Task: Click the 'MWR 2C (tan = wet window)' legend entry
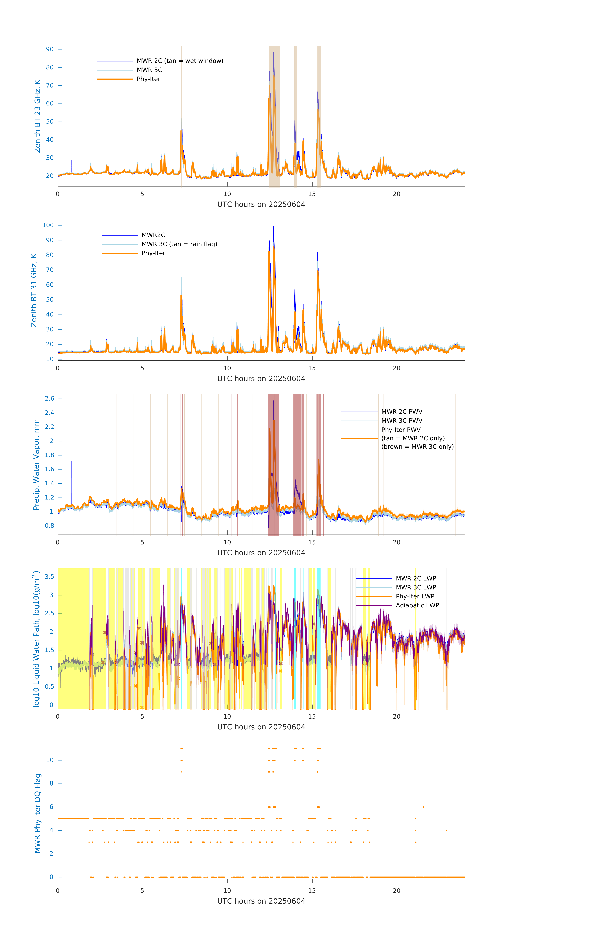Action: pyautogui.click(x=180, y=61)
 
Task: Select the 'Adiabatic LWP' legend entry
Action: pyautogui.click(x=417, y=605)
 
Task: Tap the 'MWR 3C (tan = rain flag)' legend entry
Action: pyautogui.click(x=179, y=244)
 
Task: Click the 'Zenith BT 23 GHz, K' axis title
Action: pyautogui.click(x=37, y=116)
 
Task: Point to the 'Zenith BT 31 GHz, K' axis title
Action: pyautogui.click(x=34, y=290)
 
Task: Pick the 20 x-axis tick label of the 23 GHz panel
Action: pyautogui.click(x=397, y=194)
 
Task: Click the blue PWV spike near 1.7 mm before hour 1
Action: pyautogui.click(x=71, y=462)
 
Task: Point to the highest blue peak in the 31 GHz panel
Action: pyautogui.click(x=273, y=227)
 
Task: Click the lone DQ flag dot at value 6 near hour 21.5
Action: pyautogui.click(x=423, y=807)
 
